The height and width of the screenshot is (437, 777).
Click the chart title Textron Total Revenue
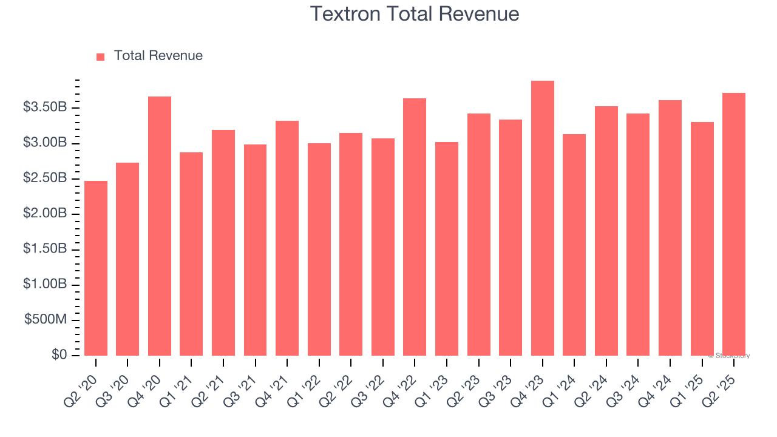415,14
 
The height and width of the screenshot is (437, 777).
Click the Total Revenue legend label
158,56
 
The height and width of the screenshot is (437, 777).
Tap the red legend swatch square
101,56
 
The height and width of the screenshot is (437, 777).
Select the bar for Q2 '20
96,268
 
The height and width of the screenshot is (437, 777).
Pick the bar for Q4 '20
160,226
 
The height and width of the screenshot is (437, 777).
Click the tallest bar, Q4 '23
543,218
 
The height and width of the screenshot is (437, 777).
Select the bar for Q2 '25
734,224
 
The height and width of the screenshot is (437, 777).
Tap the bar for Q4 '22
415,226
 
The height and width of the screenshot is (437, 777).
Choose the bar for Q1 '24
574,245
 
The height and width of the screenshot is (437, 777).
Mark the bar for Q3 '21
255,249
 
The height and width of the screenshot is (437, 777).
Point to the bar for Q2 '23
479,234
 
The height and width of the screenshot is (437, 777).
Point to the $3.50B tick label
44,107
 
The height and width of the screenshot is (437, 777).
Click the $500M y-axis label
46,320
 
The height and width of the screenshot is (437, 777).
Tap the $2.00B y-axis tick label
44,214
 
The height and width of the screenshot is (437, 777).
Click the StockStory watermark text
728,356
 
